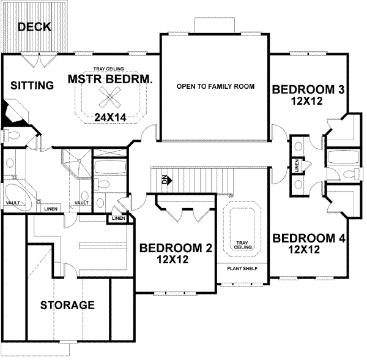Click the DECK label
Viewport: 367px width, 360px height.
[34, 27]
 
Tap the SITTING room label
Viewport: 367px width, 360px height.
[32, 86]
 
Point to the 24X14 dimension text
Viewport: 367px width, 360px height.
[111, 116]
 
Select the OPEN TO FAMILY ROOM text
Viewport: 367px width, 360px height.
[215, 86]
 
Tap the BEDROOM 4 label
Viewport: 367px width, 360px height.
[309, 238]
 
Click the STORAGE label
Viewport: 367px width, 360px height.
[67, 304]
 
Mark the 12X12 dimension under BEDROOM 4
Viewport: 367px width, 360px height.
[305, 249]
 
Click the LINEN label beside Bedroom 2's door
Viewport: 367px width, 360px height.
[119, 218]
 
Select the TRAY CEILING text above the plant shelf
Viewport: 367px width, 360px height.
[240, 245]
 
